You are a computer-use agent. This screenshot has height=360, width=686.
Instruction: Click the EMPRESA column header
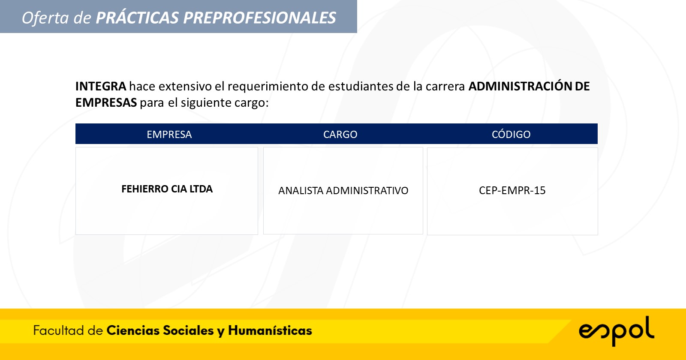[169, 135]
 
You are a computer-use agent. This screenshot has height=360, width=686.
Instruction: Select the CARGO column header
[340, 135]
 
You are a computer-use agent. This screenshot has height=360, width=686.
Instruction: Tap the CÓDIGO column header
[511, 134]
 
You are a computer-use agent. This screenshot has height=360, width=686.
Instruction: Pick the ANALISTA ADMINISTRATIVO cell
[343, 190]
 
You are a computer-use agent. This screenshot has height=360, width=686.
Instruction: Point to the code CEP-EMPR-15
[512, 190]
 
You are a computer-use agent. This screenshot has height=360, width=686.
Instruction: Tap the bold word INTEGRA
[101, 86]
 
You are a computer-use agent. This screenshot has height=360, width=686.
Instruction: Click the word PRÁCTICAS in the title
[137, 18]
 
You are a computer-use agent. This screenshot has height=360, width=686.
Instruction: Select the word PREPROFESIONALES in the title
[260, 18]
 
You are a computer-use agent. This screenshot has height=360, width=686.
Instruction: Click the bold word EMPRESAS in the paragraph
[106, 102]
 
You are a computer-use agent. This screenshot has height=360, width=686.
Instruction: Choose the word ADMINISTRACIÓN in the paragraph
[520, 86]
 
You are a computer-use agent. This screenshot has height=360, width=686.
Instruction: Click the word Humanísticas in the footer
[270, 330]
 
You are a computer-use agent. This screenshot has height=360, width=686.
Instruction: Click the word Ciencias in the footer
[133, 330]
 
